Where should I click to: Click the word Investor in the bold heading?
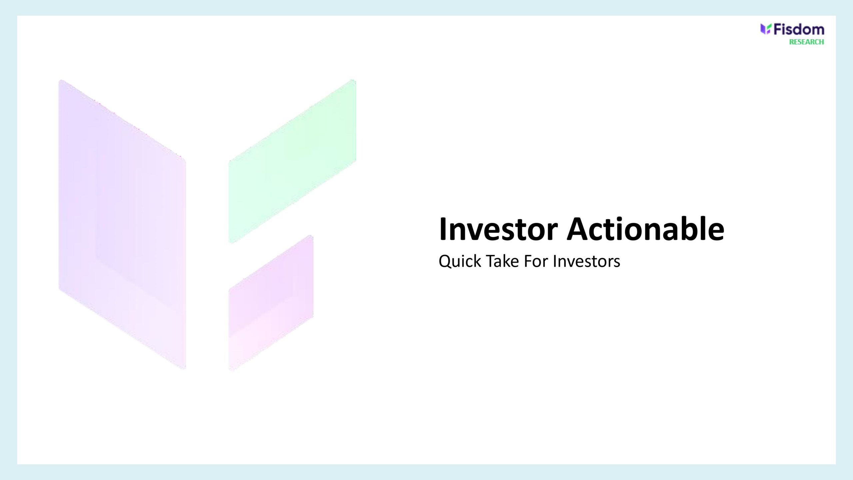[x=498, y=229]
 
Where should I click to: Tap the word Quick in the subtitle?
[x=460, y=261]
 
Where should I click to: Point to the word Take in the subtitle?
[x=502, y=261]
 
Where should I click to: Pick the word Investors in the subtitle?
[x=586, y=261]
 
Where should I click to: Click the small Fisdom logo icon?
[x=765, y=29]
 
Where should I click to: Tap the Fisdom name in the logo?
[x=799, y=30]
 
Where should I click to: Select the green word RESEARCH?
[x=806, y=42]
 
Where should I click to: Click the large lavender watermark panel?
[x=122, y=224]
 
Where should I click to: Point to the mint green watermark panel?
[x=292, y=161]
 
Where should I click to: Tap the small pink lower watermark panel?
[x=271, y=303]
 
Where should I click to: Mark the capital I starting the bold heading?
[x=442, y=229]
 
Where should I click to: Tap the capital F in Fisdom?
[x=777, y=30]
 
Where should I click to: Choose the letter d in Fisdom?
[x=798, y=30]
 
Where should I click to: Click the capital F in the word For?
[x=528, y=261]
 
